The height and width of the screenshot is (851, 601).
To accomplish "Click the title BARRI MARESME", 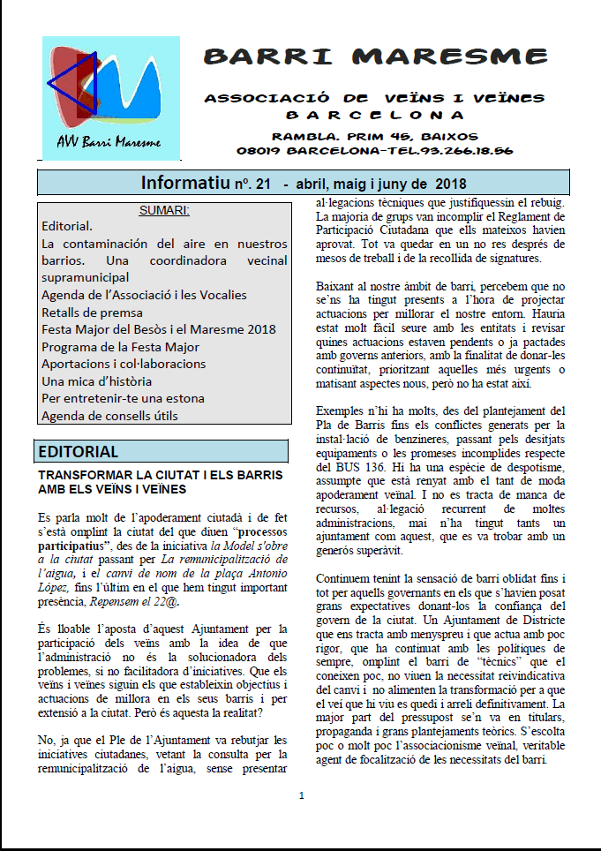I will click(374, 57).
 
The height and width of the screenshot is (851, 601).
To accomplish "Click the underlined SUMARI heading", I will click(164, 210).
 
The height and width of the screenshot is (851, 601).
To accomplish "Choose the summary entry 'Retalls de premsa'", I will click(92, 313).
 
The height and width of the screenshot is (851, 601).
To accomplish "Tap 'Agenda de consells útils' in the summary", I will click(109, 416).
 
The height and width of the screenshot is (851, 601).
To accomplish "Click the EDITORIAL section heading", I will click(78, 452).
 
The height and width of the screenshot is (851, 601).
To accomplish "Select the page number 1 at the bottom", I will click(301, 795).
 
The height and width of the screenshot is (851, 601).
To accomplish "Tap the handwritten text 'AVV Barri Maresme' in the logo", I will click(109, 141).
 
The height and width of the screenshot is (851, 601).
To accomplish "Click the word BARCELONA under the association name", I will click(374, 115).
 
